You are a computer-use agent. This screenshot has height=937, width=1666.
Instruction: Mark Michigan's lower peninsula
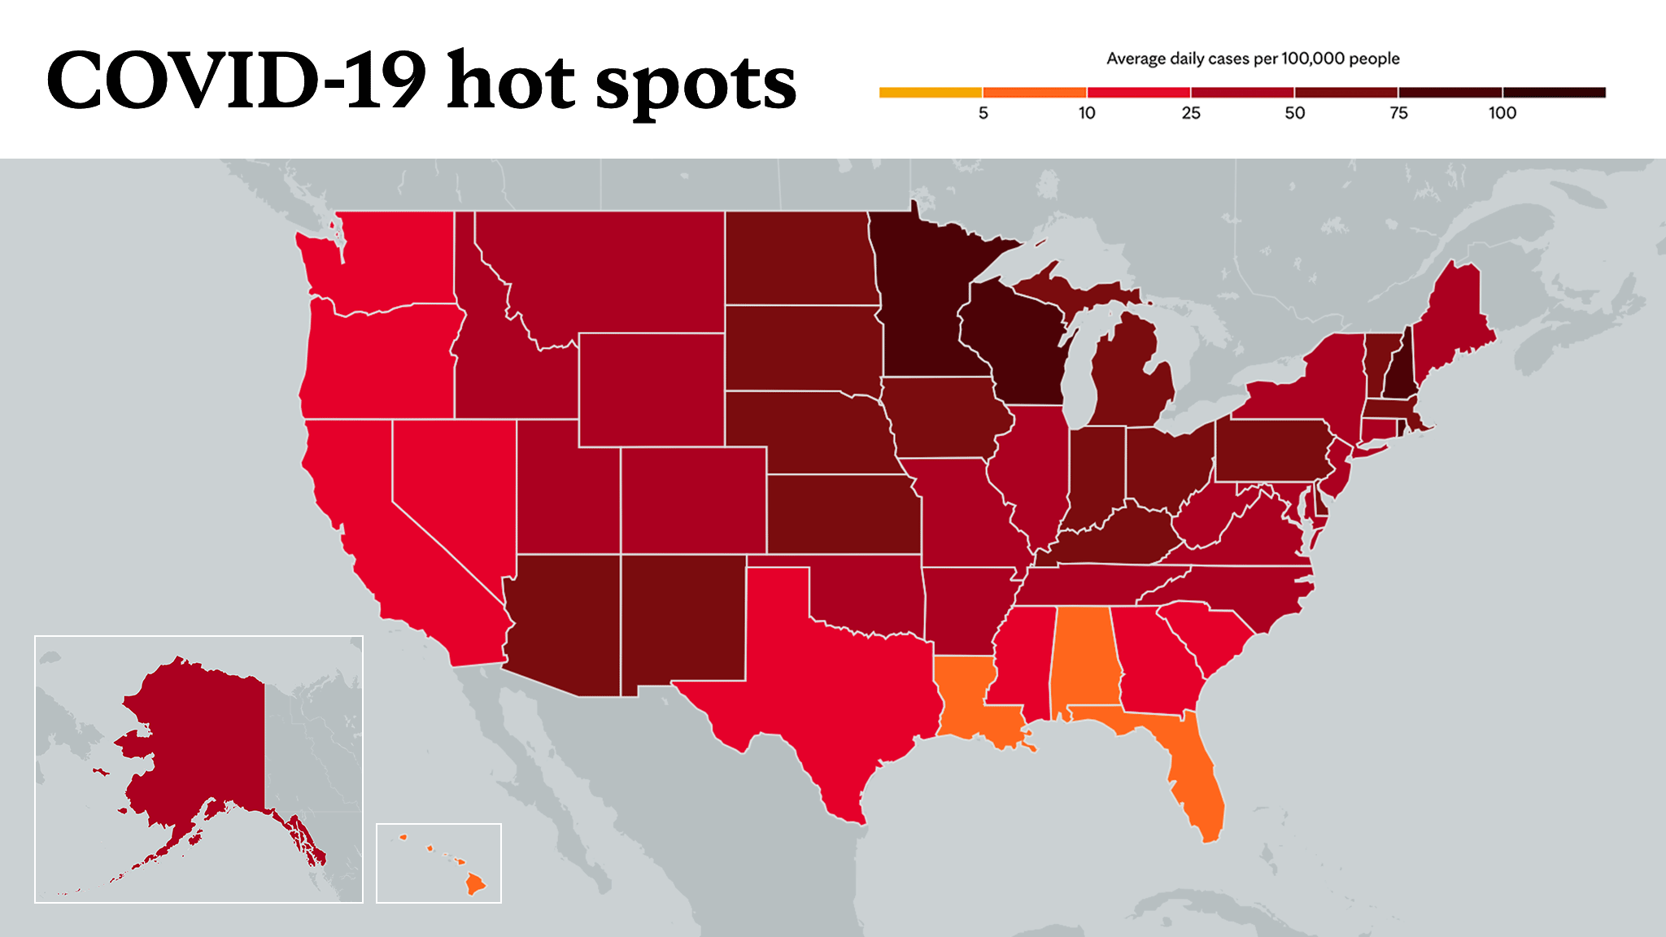pyautogui.click(x=1131, y=374)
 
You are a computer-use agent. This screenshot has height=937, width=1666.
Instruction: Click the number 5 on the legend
pyautogui.click(x=983, y=113)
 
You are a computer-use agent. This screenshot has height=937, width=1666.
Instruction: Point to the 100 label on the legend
pyautogui.click(x=1502, y=113)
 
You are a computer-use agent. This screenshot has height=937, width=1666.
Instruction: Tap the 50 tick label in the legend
pyautogui.click(x=1294, y=113)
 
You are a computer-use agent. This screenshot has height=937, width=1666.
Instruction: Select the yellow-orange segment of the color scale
pyautogui.click(x=931, y=92)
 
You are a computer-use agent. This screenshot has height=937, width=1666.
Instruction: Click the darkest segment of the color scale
pyautogui.click(x=1555, y=92)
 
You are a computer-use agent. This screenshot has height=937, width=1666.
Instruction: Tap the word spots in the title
pyautogui.click(x=696, y=85)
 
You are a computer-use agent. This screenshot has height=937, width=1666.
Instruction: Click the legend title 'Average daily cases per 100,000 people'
pyautogui.click(x=1253, y=59)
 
